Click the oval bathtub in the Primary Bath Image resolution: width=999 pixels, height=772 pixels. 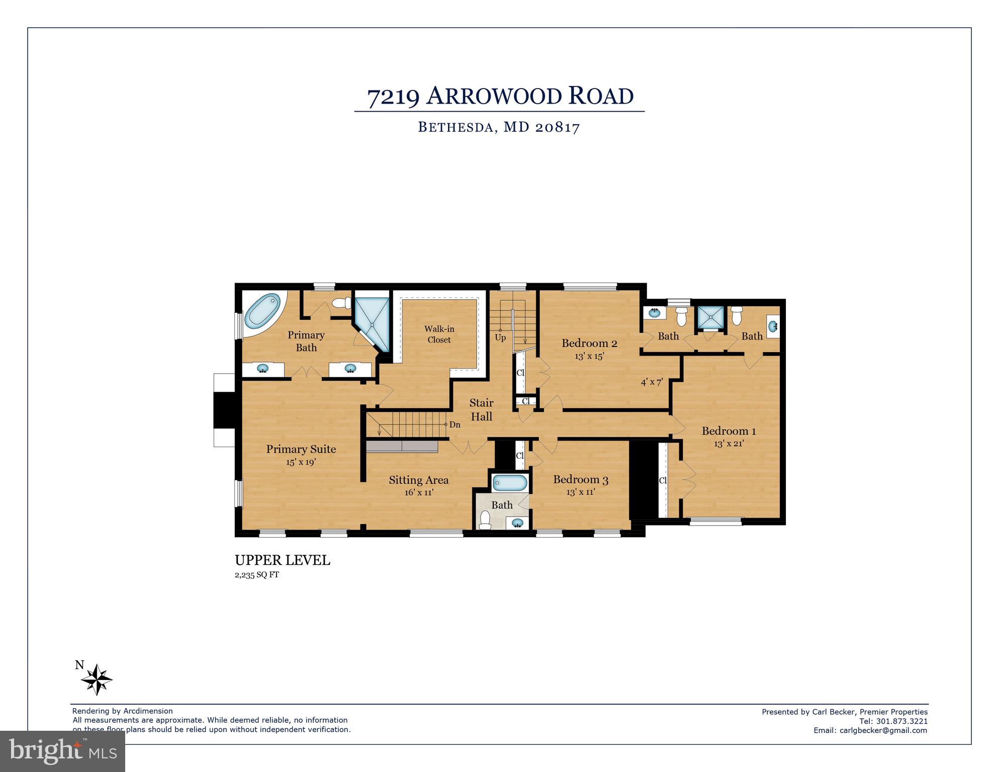pos(262,311)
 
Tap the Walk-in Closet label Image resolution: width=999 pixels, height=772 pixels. pos(439,334)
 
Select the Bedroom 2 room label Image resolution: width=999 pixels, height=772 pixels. pos(589,344)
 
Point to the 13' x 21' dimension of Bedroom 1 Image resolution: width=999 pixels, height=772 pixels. pos(729,444)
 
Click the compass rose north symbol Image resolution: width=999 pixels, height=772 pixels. pos(97,679)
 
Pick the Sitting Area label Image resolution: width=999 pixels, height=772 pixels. pos(418,480)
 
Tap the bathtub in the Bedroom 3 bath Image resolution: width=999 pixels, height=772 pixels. pos(510,483)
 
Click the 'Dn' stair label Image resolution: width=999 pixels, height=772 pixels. pos(455,425)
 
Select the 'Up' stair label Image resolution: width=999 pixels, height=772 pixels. pos(500,337)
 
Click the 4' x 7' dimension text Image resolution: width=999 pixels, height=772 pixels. pos(652,382)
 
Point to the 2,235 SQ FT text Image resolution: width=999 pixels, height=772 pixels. pos(256,575)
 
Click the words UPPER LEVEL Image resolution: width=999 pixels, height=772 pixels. pos(282,560)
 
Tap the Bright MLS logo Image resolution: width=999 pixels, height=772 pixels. pos(63,751)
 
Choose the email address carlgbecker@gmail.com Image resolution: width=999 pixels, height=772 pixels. pos(883,730)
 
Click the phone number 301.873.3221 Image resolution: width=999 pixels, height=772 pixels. pos(903,721)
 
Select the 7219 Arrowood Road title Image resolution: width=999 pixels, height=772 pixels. pos(500,97)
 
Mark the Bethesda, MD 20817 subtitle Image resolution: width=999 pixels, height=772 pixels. pos(499,127)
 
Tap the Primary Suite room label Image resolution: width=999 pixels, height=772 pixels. pos(301,449)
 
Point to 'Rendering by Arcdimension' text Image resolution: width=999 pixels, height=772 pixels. pos(122,711)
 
